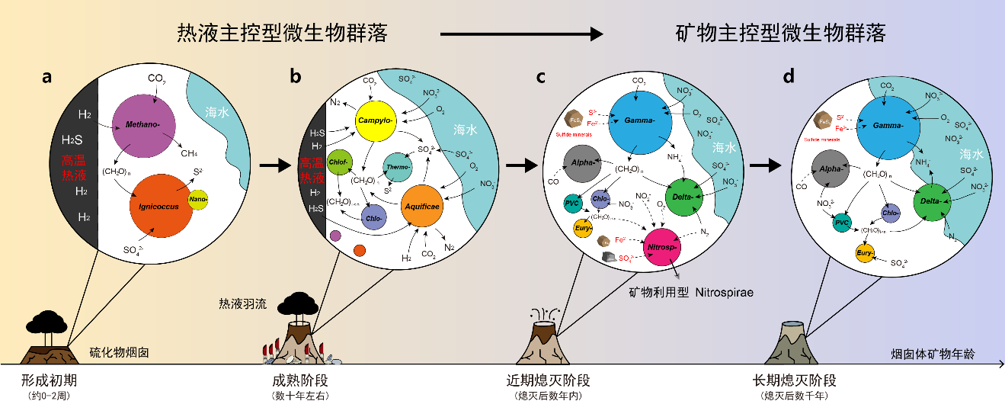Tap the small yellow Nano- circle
click(199, 200)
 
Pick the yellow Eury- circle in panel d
click(865, 253)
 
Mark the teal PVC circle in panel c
click(573, 204)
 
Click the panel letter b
click(296, 77)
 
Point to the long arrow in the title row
click(522, 34)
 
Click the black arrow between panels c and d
click(769, 165)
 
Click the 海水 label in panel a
click(222, 112)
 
